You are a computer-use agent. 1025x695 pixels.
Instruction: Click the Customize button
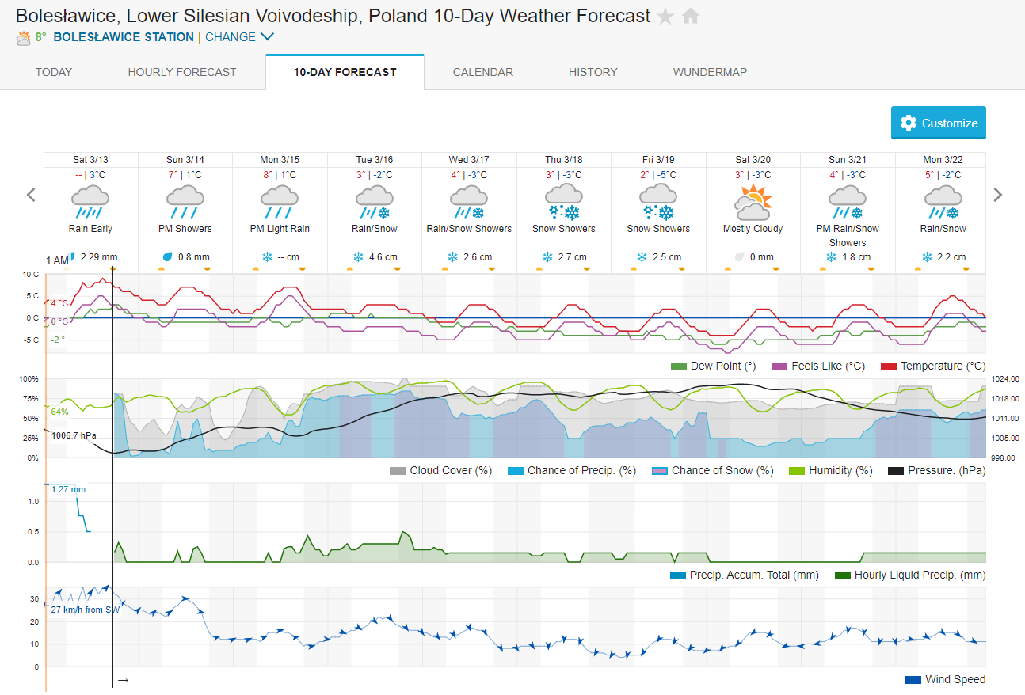(x=939, y=123)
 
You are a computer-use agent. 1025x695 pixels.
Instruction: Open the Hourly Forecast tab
(x=182, y=72)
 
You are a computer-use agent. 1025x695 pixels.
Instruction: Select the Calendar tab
(x=483, y=72)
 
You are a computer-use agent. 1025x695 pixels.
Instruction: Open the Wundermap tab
(x=710, y=72)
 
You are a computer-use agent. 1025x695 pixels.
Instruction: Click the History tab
(x=593, y=72)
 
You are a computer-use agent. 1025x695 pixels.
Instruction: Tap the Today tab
(x=54, y=72)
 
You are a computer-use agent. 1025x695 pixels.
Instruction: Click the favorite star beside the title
(x=665, y=16)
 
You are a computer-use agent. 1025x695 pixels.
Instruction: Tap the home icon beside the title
(x=691, y=16)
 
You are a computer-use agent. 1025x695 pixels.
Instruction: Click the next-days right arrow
(x=998, y=195)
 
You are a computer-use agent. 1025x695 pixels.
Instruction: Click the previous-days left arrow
(x=31, y=195)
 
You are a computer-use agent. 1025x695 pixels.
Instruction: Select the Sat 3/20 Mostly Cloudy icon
(x=753, y=203)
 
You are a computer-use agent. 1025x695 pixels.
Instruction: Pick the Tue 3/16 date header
(x=375, y=160)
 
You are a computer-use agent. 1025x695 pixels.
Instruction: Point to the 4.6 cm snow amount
(x=383, y=257)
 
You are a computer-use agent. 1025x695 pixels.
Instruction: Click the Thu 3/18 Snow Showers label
(x=564, y=229)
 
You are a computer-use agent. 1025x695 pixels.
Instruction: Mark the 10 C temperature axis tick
(x=31, y=274)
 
